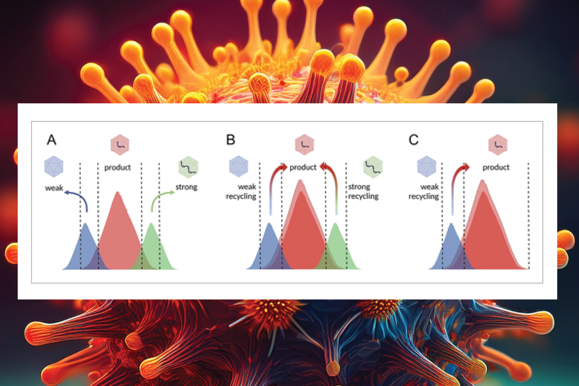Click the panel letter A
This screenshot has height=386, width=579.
coord(51,140)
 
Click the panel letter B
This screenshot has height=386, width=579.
coord(230,140)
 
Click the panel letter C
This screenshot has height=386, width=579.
coord(413,140)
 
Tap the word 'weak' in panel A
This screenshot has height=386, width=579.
coord(54,188)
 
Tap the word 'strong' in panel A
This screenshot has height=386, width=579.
coord(186,187)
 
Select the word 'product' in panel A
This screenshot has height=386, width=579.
coord(117,167)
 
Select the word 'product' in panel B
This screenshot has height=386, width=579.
coord(303,167)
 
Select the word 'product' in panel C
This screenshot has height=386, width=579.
coord(496,167)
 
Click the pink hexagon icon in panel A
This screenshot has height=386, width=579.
coord(120,145)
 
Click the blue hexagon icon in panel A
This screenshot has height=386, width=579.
coord(54,166)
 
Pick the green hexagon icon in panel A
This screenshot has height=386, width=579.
coord(189,167)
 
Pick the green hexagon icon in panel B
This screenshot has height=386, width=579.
coord(373,167)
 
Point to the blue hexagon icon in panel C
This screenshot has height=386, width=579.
coord(427,166)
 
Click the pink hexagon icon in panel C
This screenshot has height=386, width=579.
coord(498,145)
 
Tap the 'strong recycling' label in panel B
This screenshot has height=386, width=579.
coord(363,192)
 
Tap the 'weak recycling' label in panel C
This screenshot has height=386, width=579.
coord(424,192)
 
